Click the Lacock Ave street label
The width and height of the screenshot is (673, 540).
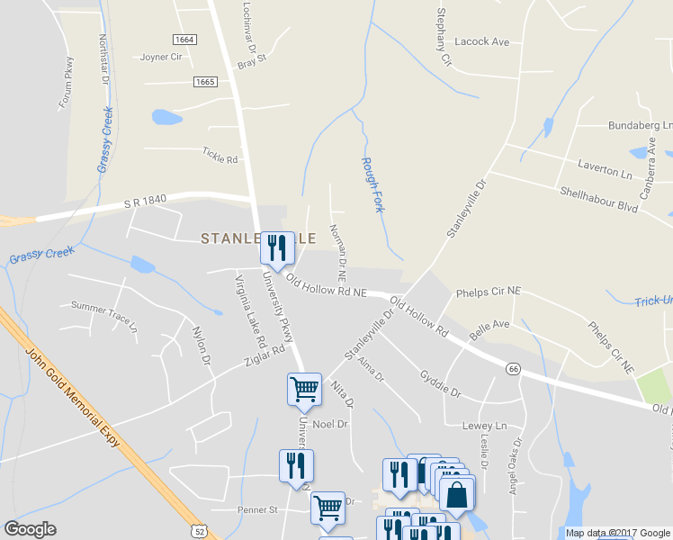pos(482,42)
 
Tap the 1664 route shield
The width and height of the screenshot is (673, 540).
pos(184,40)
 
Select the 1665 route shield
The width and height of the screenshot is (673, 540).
pos(204,82)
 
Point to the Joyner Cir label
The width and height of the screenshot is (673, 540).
pos(161,57)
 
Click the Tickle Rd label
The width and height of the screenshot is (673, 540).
pos(220,159)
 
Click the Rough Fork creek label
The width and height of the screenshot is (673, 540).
pos(372,184)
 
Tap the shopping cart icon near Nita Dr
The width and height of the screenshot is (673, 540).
pos(304,389)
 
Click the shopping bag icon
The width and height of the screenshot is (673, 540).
pos(457,494)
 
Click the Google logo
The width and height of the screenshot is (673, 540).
pos(31,529)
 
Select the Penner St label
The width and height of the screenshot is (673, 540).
pos(256,509)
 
